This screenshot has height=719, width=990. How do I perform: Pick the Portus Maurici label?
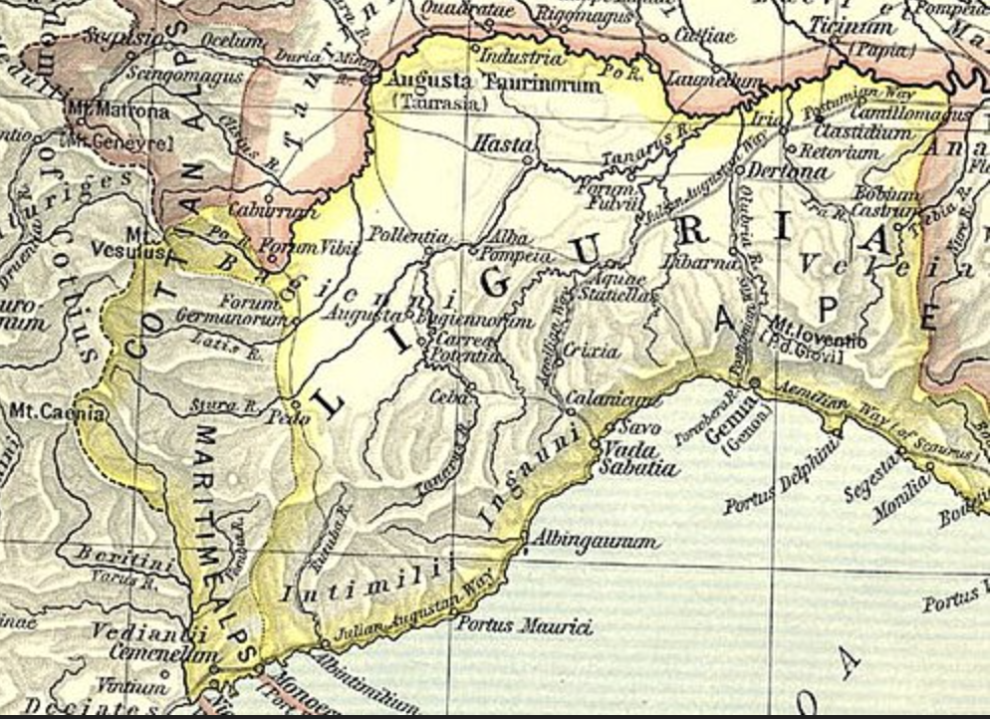[x=524, y=625]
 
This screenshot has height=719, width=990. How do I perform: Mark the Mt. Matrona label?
[x=117, y=112]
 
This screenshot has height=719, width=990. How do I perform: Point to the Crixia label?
[x=592, y=351]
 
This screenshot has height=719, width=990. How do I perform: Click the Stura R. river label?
[x=224, y=406]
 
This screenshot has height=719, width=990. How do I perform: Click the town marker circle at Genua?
[x=754, y=382]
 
